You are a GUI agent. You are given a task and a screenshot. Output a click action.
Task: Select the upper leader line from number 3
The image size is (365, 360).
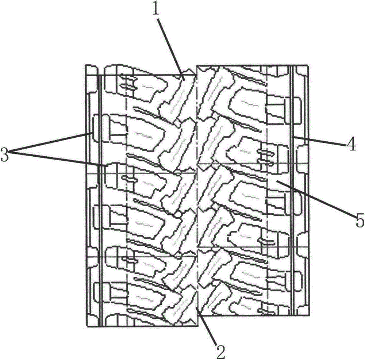coord(51,142)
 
